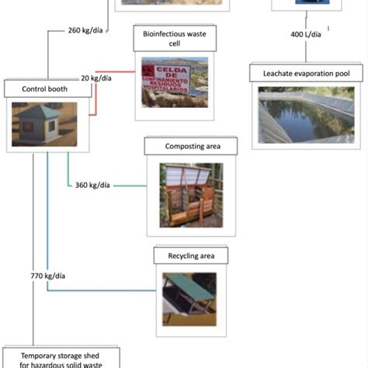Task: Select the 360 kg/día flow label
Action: pyautogui.click(x=92, y=185)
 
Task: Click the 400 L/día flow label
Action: pyautogui.click(x=307, y=35)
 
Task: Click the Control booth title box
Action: pyautogui.click(x=43, y=89)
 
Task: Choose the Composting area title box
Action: pyautogui.click(x=191, y=145)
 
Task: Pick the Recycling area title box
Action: pyautogui.click(x=191, y=255)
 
